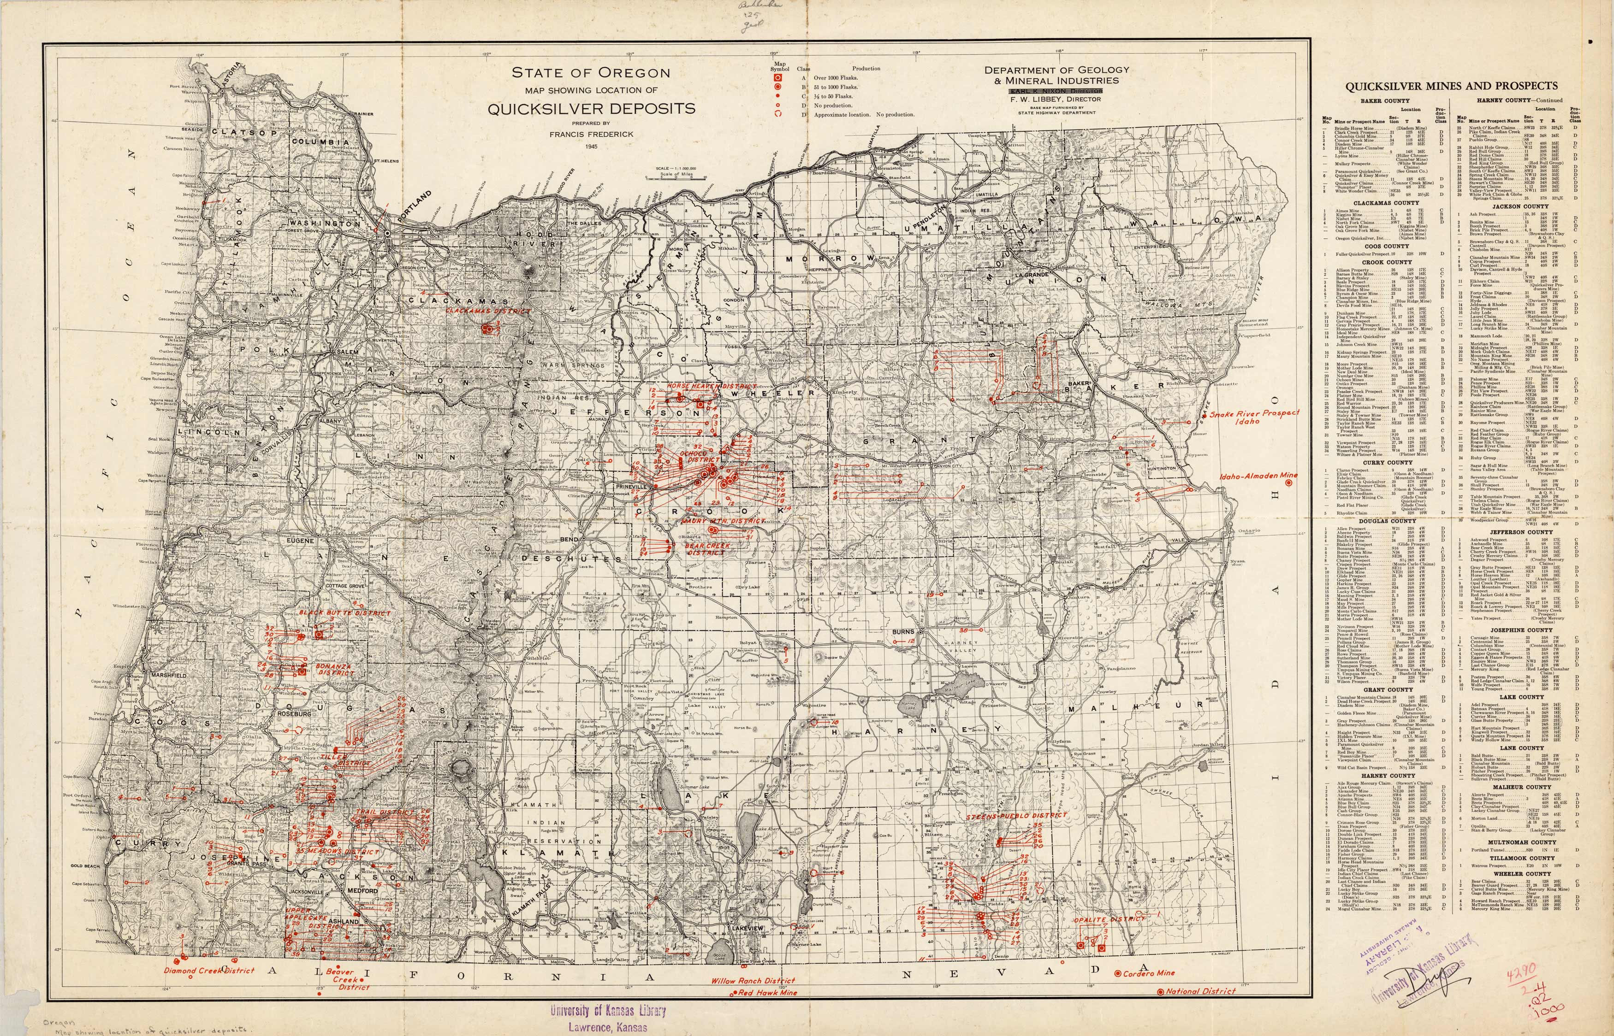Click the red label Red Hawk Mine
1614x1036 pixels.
(767, 992)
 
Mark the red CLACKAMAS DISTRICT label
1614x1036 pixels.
(487, 312)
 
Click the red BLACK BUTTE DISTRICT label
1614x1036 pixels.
(344, 613)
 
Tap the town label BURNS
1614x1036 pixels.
(903, 632)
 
